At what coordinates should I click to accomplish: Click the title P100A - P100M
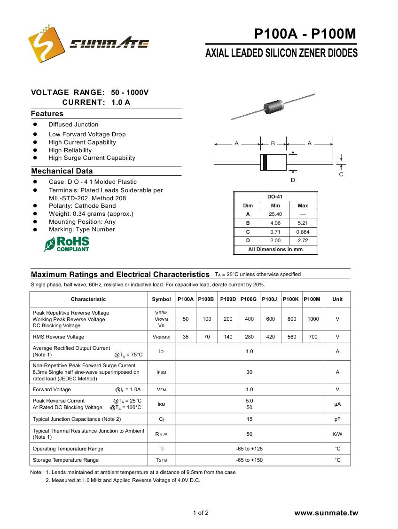(x=305, y=34)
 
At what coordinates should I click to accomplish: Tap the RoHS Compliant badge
(x=66, y=244)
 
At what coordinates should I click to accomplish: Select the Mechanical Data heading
(x=62, y=171)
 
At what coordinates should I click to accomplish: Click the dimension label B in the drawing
(x=273, y=143)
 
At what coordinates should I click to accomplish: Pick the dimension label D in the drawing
(x=293, y=180)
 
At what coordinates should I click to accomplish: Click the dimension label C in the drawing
(x=341, y=174)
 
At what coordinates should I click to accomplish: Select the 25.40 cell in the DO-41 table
(x=275, y=214)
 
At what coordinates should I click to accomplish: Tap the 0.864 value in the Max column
(x=303, y=232)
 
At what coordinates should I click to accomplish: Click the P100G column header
(x=249, y=299)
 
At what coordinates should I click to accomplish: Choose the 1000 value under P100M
(x=313, y=319)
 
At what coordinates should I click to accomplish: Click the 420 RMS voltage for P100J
(x=271, y=337)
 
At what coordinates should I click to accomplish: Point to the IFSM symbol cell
(x=161, y=372)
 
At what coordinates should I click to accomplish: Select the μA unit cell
(x=337, y=404)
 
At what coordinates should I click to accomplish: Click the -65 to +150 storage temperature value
(x=250, y=460)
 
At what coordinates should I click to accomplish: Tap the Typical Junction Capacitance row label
(x=77, y=419)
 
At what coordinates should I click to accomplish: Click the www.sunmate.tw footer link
(x=326, y=513)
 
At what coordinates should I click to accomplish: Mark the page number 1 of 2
(x=201, y=513)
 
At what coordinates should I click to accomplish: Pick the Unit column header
(x=337, y=299)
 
